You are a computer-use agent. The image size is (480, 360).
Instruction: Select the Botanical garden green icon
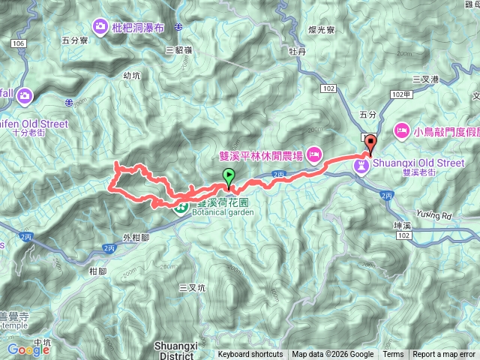click(181, 207)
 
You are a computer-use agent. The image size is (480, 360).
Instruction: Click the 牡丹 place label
click(298, 52)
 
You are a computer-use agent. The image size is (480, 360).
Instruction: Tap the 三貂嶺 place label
click(178, 49)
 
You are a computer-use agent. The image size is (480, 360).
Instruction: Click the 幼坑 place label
click(132, 75)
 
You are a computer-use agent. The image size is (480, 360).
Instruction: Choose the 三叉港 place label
click(425, 78)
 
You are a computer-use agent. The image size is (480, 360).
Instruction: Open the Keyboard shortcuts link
click(250, 355)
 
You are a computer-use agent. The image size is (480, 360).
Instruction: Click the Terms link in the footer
click(393, 355)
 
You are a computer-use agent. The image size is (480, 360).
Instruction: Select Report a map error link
click(444, 355)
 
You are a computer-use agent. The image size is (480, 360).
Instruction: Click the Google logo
click(28, 349)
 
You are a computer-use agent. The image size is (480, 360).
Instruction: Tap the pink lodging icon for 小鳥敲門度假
click(401, 131)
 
